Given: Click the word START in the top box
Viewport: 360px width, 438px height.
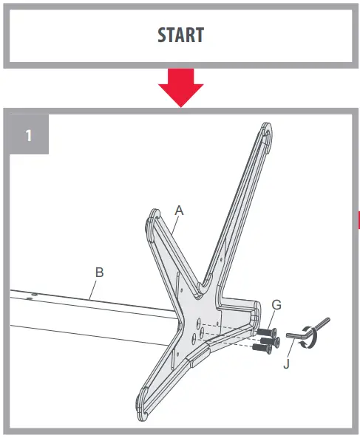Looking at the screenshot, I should point(180,35).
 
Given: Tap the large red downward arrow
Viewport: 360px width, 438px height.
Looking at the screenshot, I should point(180,86).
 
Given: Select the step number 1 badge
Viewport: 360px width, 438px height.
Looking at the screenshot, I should point(28,135).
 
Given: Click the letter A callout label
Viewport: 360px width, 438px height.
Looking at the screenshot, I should point(178,210).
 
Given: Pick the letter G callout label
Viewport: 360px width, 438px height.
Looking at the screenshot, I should point(276,304).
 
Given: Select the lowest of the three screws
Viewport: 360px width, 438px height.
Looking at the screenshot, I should point(260,347).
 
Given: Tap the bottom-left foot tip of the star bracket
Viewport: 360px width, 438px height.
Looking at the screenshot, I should point(142,404).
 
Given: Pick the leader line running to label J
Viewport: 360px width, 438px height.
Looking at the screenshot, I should point(291,350).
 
